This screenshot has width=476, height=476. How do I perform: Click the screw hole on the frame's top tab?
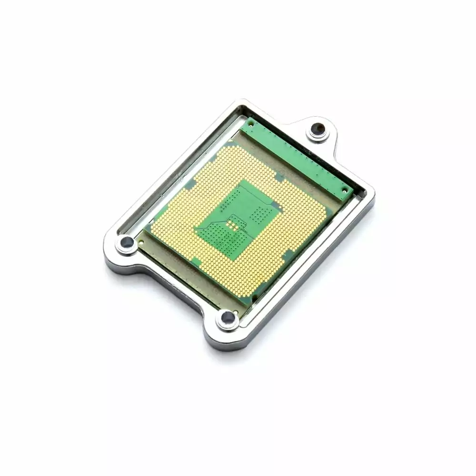pyautogui.click(x=317, y=129)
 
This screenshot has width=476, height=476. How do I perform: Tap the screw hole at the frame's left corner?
pyautogui.click(x=127, y=243)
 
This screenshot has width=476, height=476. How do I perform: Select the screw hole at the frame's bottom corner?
pyautogui.click(x=228, y=317)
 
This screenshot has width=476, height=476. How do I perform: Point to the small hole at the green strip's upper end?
pyautogui.click(x=251, y=122)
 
